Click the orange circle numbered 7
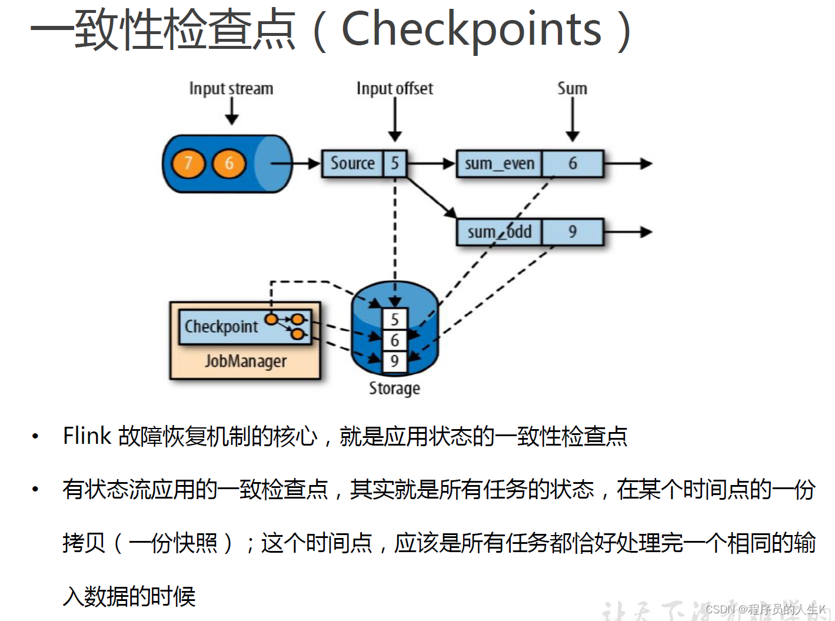[188, 163]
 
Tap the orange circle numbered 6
[229, 163]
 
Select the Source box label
[352, 163]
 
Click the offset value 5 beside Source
[395, 163]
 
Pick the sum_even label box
[500, 164]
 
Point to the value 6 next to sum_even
[573, 164]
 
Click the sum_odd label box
[500, 232]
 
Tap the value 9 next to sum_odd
[573, 232]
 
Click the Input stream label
[231, 89]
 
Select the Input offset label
[395, 89]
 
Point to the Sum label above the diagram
[573, 89]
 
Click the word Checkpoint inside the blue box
[221, 326]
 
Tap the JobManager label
[245, 361]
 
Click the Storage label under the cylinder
[394, 388]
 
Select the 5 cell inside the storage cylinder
[395, 320]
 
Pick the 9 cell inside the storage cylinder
[395, 361]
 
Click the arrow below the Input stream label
[232, 111]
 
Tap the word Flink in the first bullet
[87, 436]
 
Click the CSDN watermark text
[765, 609]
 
